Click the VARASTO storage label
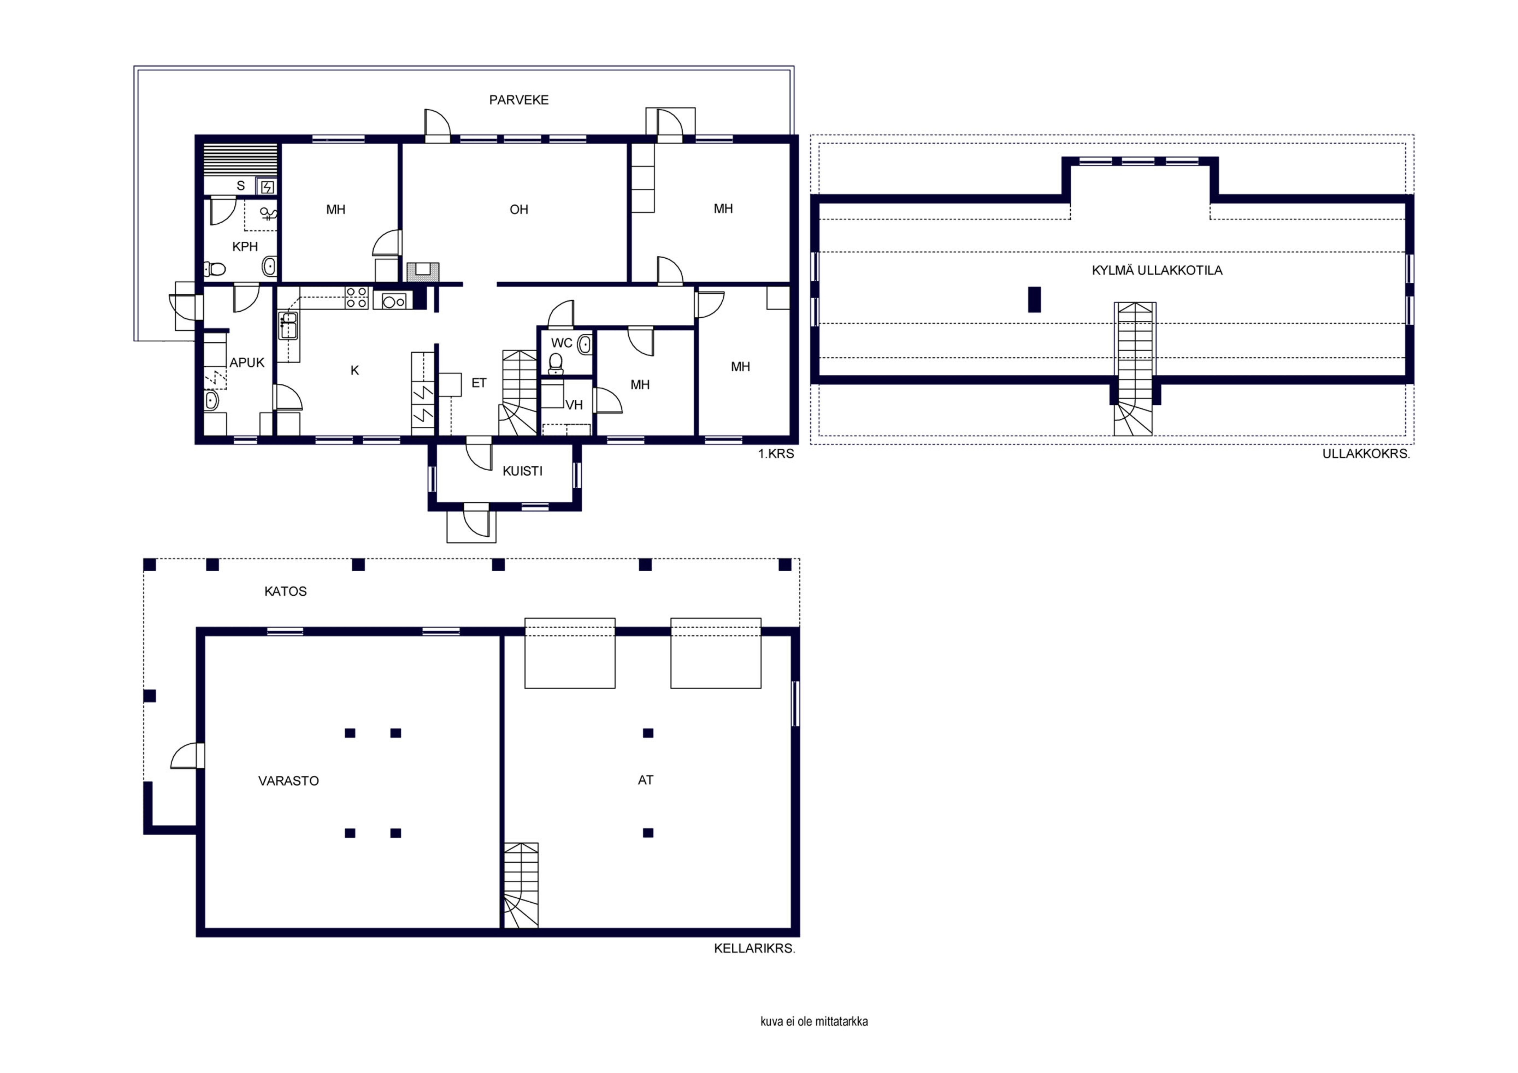coord(288,781)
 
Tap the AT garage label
coord(645,780)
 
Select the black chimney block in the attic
coord(1035,299)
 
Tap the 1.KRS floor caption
coord(776,454)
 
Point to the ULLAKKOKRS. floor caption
coord(1366,454)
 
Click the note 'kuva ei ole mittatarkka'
coord(814,1022)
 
